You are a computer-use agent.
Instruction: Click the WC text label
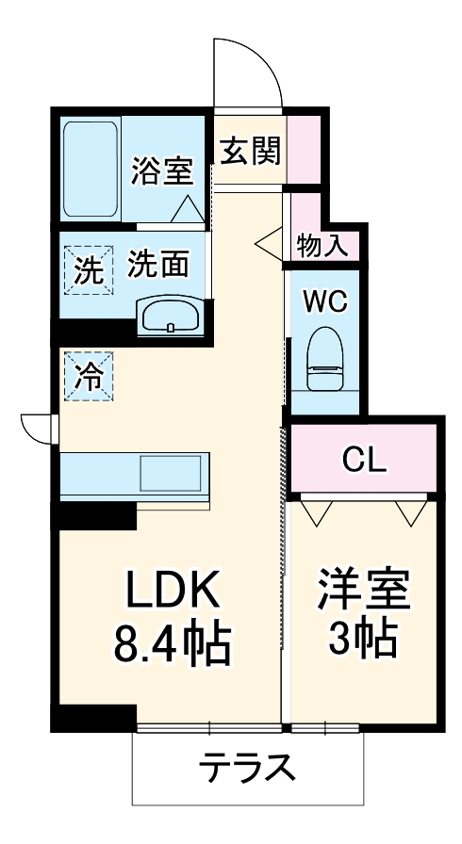coord(325,302)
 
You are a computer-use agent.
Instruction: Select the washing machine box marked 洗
coord(87,271)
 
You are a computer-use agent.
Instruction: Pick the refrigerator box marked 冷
coord(87,377)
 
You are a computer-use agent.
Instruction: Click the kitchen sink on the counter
coord(171,471)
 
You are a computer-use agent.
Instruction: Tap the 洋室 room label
coord(363,591)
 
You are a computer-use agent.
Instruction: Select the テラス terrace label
coord(246,770)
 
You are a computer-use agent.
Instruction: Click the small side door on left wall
coord(38,427)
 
